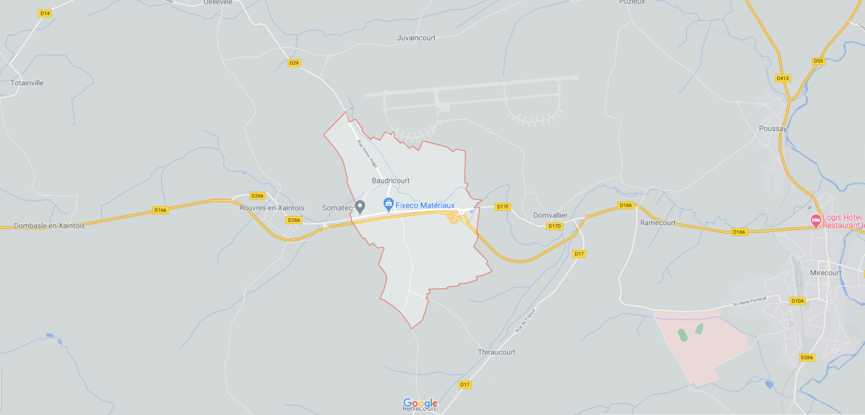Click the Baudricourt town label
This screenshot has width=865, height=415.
390,180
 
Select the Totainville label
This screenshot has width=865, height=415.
27,83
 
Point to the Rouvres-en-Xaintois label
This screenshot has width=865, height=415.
271,208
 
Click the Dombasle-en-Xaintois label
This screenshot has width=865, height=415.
49,226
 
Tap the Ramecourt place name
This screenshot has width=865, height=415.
658,222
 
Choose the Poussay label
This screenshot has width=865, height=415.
773,128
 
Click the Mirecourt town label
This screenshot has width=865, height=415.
826,273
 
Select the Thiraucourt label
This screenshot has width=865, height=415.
497,352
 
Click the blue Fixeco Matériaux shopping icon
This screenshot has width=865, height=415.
388,204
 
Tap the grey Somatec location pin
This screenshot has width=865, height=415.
360,206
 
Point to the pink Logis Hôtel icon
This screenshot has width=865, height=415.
816,220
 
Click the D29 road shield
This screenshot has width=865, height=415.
294,63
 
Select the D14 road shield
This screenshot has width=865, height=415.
45,13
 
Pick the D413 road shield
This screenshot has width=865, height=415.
783,78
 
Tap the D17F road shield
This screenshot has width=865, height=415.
503,206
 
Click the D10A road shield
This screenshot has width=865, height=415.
797,300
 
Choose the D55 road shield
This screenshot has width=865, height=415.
818,61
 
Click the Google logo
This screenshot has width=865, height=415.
420,403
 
